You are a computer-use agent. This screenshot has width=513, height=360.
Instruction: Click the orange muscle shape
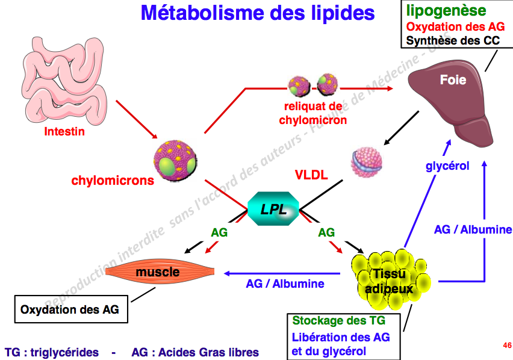pos(157,273)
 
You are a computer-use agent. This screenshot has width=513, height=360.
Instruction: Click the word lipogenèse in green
pos(446,10)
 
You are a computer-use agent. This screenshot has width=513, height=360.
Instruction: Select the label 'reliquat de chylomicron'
pos(313,113)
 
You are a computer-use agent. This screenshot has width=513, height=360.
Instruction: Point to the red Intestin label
pos(64,132)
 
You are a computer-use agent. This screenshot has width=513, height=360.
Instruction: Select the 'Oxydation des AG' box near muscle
pos(70,311)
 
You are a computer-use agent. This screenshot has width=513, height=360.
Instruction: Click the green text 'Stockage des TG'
pos(338,321)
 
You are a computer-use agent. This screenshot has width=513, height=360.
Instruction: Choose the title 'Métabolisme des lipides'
pos(258,13)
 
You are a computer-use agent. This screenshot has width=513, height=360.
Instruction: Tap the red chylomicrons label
pos(113,180)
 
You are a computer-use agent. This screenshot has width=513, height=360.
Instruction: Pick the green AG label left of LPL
pos(219,232)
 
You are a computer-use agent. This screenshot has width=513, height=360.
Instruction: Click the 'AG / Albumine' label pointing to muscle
pos(285,283)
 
